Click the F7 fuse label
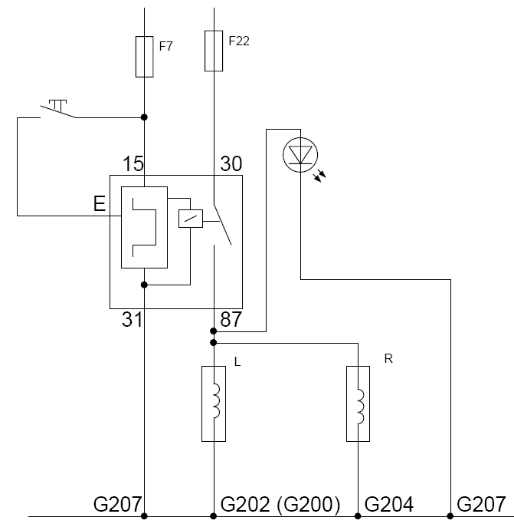[166, 46]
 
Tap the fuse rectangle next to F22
[214, 51]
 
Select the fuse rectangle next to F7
[144, 57]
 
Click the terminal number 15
[133, 163]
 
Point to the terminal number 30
[231, 163]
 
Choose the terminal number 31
[132, 319]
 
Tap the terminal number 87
[231, 319]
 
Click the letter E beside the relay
[100, 204]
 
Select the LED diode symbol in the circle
[300, 155]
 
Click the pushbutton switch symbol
[57, 109]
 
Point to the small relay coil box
[191, 219]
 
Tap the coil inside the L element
[216, 401]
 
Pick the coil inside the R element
[360, 407]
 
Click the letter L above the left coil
[237, 361]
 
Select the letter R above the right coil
[388, 359]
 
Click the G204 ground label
[389, 504]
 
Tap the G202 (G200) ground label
[280, 504]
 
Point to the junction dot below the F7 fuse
[144, 117]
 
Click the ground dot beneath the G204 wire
[358, 516]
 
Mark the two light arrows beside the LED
[319, 176]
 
